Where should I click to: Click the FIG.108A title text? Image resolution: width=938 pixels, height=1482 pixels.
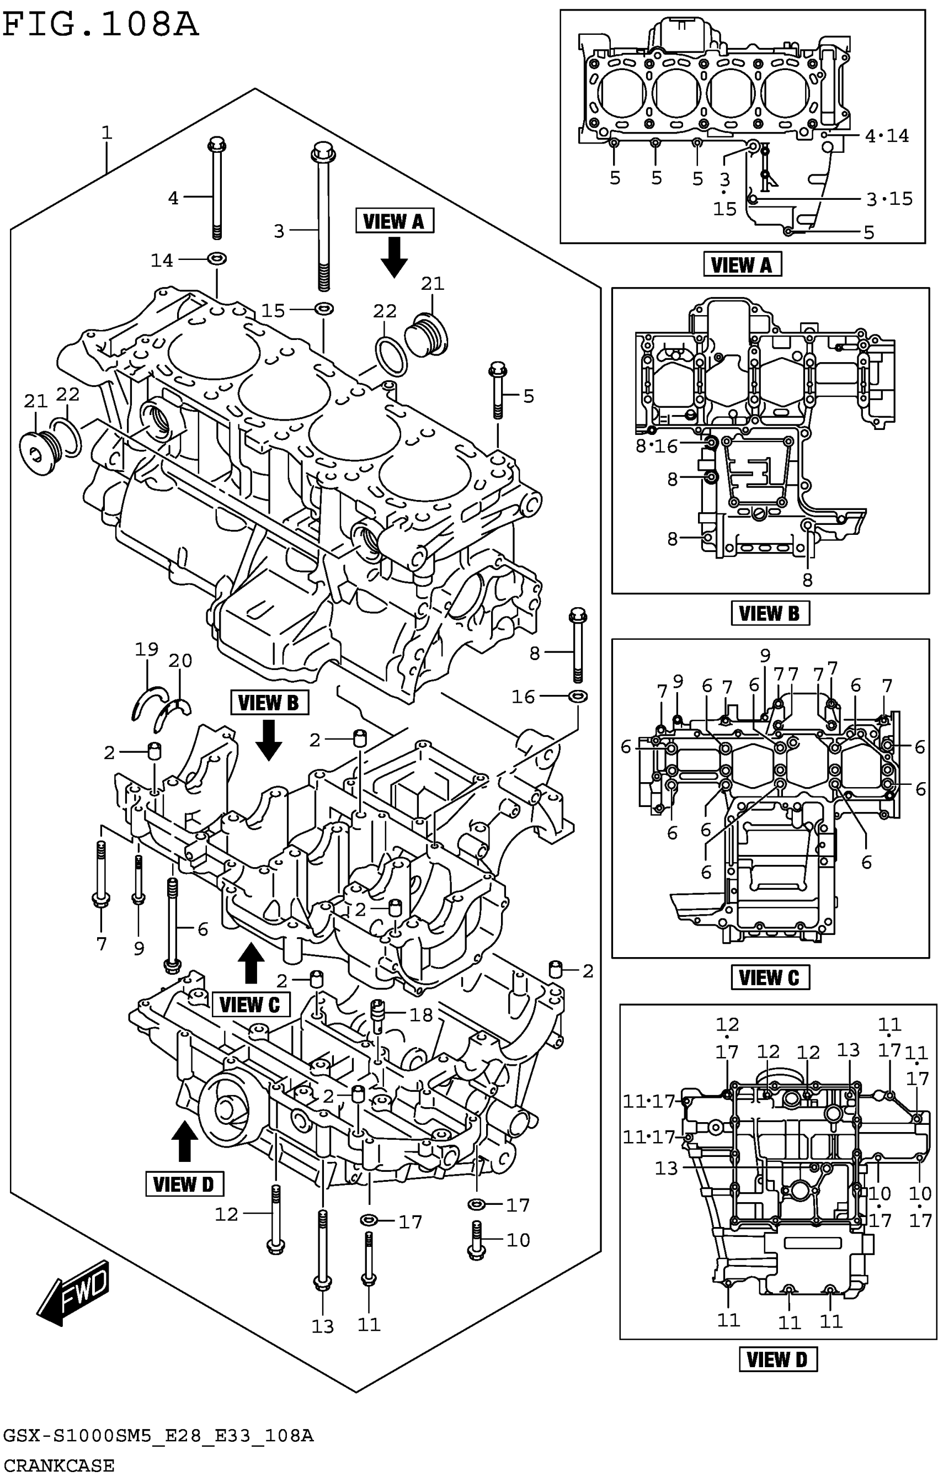pos(101,25)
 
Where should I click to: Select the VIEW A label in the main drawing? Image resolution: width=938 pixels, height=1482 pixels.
pos(395,221)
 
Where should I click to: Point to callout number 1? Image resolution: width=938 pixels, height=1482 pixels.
pos(106,132)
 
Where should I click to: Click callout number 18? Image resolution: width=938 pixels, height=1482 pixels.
pos(422,1014)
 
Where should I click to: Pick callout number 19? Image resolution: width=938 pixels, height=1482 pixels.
pos(146,649)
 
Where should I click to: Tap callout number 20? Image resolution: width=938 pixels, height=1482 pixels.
pos(180,661)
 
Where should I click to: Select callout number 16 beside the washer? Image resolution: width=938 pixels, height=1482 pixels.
pos(524,697)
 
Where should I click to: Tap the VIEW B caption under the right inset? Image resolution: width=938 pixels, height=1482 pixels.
pos(770,614)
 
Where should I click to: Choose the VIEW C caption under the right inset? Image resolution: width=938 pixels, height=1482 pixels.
pos(770,978)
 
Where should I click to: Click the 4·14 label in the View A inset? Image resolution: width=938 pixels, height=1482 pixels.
pos(886,136)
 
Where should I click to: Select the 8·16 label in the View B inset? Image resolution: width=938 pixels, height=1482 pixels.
pos(657,446)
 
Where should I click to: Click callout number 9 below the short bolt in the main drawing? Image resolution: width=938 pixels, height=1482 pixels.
pos(139,948)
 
